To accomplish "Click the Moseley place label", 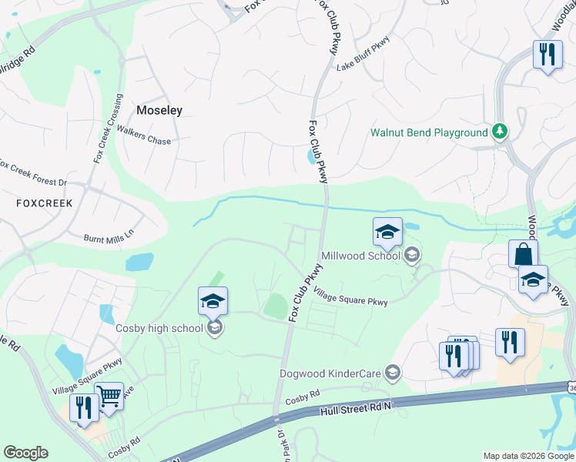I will (159, 110).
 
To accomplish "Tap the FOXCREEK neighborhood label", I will (45, 203).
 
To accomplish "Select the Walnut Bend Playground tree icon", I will (501, 132).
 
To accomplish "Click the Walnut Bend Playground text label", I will (429, 132).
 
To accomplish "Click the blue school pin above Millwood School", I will (388, 232).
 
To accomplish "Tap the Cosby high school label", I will (159, 329).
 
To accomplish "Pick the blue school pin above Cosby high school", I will (213, 302).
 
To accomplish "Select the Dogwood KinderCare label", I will (331, 373).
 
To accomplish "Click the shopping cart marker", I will (109, 397).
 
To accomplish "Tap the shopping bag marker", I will (523, 255).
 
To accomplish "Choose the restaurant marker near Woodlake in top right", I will (548, 55).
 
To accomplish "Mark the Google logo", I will (25, 453).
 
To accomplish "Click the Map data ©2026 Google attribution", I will (527, 456).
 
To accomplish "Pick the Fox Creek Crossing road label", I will (108, 128).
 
